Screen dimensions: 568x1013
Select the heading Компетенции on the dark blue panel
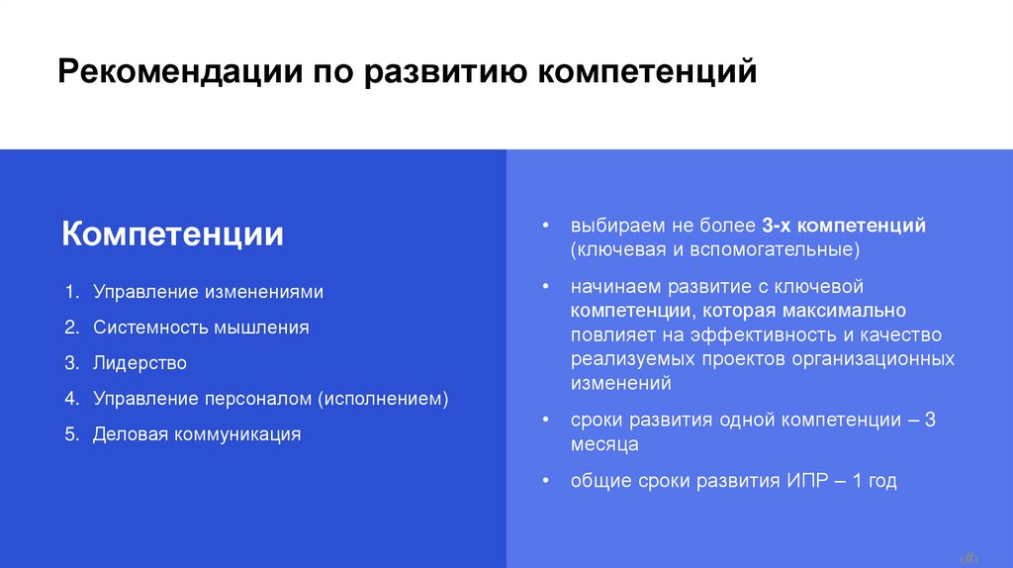(x=173, y=235)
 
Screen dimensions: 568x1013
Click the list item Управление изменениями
(x=208, y=292)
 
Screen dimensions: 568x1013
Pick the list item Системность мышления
(x=201, y=328)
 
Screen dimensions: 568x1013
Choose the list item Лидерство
(x=139, y=363)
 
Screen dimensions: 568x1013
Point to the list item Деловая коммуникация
(x=197, y=434)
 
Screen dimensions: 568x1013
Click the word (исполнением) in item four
(x=383, y=399)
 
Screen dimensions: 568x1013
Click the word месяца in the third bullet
(x=603, y=444)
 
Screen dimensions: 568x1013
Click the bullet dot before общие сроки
(x=546, y=482)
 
